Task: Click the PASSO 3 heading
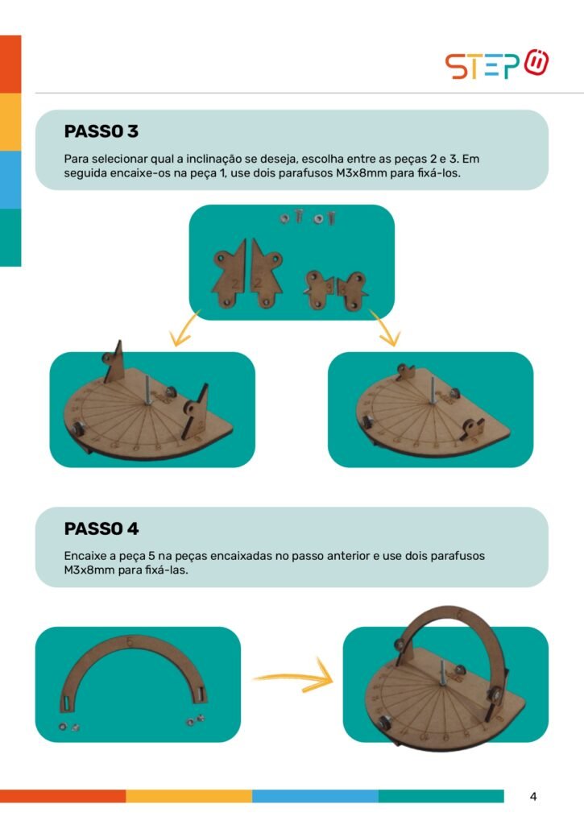[101, 131]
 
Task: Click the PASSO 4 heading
[101, 529]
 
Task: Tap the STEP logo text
[483, 66]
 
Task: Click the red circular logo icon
[536, 63]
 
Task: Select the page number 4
[533, 797]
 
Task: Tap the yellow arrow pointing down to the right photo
[387, 328]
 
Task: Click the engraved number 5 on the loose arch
[130, 641]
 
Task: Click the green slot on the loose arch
[68, 702]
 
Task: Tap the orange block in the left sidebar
[10, 64]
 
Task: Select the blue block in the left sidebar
[10, 180]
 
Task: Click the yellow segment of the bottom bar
[188, 796]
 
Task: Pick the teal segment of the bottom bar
[441, 796]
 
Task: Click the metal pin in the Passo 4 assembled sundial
[442, 672]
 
